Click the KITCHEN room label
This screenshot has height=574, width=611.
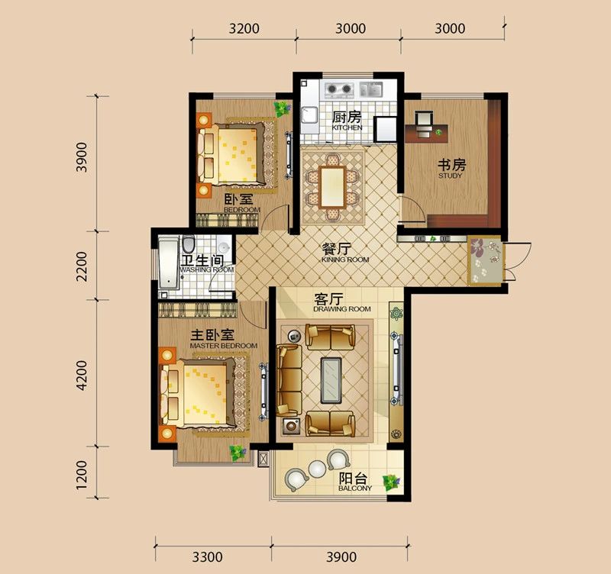347,127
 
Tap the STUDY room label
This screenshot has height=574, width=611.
450,176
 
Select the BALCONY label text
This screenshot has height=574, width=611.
355,489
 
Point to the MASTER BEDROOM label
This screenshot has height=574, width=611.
223,346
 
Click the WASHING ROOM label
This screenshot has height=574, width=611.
207,269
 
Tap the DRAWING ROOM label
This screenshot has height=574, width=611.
341,309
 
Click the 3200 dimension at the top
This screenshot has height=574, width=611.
244,28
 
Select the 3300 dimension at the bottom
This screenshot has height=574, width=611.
207,556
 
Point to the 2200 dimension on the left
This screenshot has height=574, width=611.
82,266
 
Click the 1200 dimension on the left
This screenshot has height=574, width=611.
82,475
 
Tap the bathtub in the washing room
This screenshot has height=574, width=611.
168,263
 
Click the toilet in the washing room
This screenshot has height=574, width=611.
189,243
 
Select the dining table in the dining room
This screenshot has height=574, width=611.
332,187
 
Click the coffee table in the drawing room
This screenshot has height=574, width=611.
331,380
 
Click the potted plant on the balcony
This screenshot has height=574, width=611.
391,482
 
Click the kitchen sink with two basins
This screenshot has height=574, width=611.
370,89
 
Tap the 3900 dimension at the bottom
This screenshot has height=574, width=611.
341,556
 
